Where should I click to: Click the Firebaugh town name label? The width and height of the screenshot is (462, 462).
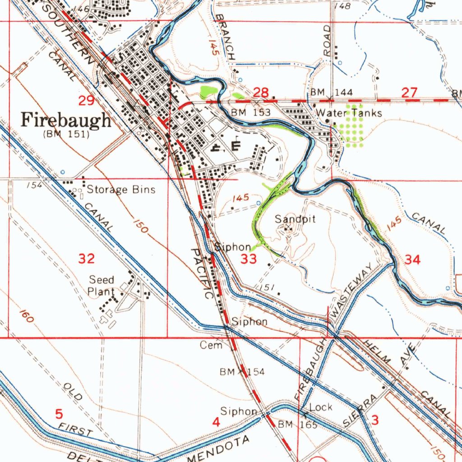click(66, 121)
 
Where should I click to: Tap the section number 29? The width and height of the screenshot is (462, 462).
click(86, 101)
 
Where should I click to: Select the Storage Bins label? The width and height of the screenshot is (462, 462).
click(121, 189)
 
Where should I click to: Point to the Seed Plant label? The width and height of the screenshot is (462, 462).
click(101, 286)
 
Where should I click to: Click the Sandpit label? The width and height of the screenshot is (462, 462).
click(296, 219)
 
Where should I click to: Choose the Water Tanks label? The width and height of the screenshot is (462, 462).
click(349, 113)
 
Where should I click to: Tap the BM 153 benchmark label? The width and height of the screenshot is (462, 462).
click(250, 112)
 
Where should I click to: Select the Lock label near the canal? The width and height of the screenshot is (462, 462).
click(321, 407)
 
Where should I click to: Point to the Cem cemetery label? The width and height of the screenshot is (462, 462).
click(212, 346)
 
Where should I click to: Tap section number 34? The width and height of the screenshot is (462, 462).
click(412, 260)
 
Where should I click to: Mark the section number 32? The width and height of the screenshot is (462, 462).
click(87, 259)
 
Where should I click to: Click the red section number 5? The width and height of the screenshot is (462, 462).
click(59, 413)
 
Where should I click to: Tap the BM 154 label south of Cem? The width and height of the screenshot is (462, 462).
click(242, 372)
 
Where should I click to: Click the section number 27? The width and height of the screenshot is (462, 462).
click(409, 93)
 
